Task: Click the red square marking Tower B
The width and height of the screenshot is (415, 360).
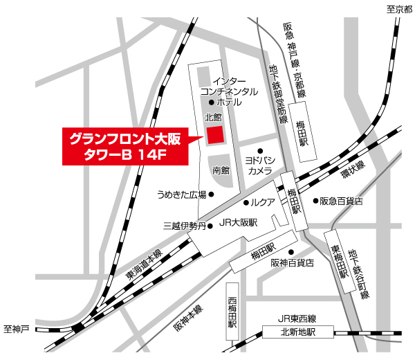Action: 215,134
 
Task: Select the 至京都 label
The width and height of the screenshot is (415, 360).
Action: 398,9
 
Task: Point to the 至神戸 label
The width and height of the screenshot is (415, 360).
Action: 16,327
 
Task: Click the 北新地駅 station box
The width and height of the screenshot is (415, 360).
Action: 297,332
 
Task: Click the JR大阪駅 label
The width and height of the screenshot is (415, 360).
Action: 237,223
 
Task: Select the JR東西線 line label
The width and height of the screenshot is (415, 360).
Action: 297,318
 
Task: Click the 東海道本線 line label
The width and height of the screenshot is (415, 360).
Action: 143,265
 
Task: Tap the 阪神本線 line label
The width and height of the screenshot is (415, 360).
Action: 189,318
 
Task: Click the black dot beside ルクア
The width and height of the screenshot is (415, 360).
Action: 246,203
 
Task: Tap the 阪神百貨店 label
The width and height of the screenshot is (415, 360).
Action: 292,263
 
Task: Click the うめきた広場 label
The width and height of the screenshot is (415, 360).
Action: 182,194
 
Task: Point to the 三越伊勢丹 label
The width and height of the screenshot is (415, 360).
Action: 184,225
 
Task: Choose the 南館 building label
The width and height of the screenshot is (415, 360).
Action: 221,170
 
